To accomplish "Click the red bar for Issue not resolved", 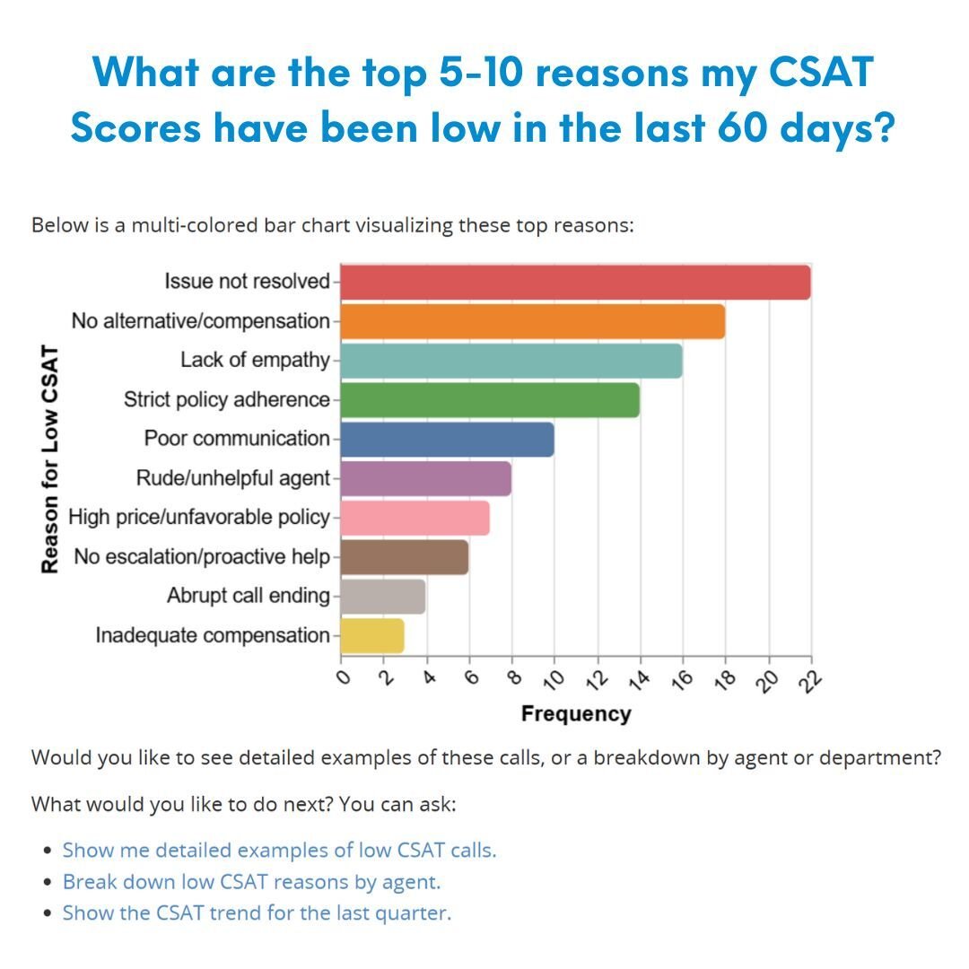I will point(575,283).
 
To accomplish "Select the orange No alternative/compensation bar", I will point(532,322).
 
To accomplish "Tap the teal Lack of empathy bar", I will point(511,361).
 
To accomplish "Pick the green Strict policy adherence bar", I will point(490,400).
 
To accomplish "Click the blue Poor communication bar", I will point(447,440).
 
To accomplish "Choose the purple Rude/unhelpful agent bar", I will point(425,478).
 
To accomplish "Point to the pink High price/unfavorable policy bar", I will point(415,518).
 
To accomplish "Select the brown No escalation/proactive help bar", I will point(404,557).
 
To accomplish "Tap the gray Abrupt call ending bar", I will point(382,597).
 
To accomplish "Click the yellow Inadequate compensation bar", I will point(371,635).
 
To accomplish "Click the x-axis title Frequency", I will point(575,714).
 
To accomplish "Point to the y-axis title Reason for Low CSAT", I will point(50,459).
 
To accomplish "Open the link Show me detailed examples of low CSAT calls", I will point(279,850).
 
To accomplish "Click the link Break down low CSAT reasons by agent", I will point(251,882).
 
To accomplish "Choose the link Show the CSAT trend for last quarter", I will point(257,913).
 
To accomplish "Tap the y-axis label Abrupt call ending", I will point(248,596).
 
